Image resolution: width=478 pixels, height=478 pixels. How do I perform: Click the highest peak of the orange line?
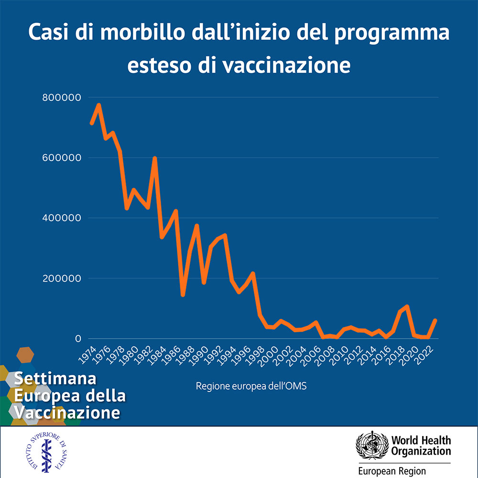click(98, 105)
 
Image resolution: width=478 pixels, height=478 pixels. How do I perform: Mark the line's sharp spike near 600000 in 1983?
click(155, 158)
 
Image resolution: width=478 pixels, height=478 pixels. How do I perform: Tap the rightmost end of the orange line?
click(435, 320)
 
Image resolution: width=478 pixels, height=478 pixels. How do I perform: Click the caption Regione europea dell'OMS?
click(251, 386)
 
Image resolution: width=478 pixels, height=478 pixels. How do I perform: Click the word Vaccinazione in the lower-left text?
click(67, 412)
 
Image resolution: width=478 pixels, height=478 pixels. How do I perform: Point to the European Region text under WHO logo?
click(392, 471)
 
